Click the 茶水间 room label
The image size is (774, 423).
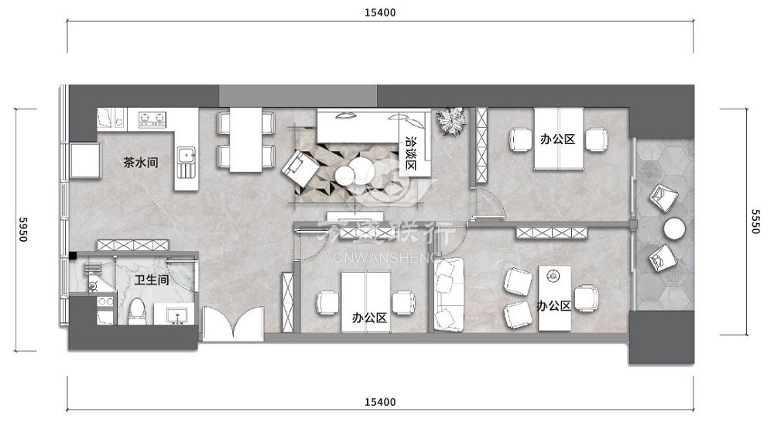point(141,163)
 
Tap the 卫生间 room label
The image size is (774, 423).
point(152,280)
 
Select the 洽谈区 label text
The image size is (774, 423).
point(411,153)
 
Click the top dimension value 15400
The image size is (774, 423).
point(380,13)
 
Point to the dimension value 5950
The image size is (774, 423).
point(22,229)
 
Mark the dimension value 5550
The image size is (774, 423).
point(755,222)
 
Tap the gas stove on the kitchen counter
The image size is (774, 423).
point(152,119)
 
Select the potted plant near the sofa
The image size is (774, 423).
point(450,121)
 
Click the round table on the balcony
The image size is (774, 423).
point(674,229)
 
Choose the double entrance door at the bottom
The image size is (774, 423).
point(233,324)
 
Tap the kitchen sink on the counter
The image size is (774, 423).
point(186,162)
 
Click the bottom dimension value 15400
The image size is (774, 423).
point(380,402)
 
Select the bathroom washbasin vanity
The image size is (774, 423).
point(175,314)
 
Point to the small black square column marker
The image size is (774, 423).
point(73,256)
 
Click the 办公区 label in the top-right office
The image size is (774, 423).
point(557,139)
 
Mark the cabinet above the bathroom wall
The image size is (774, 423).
point(133,245)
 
